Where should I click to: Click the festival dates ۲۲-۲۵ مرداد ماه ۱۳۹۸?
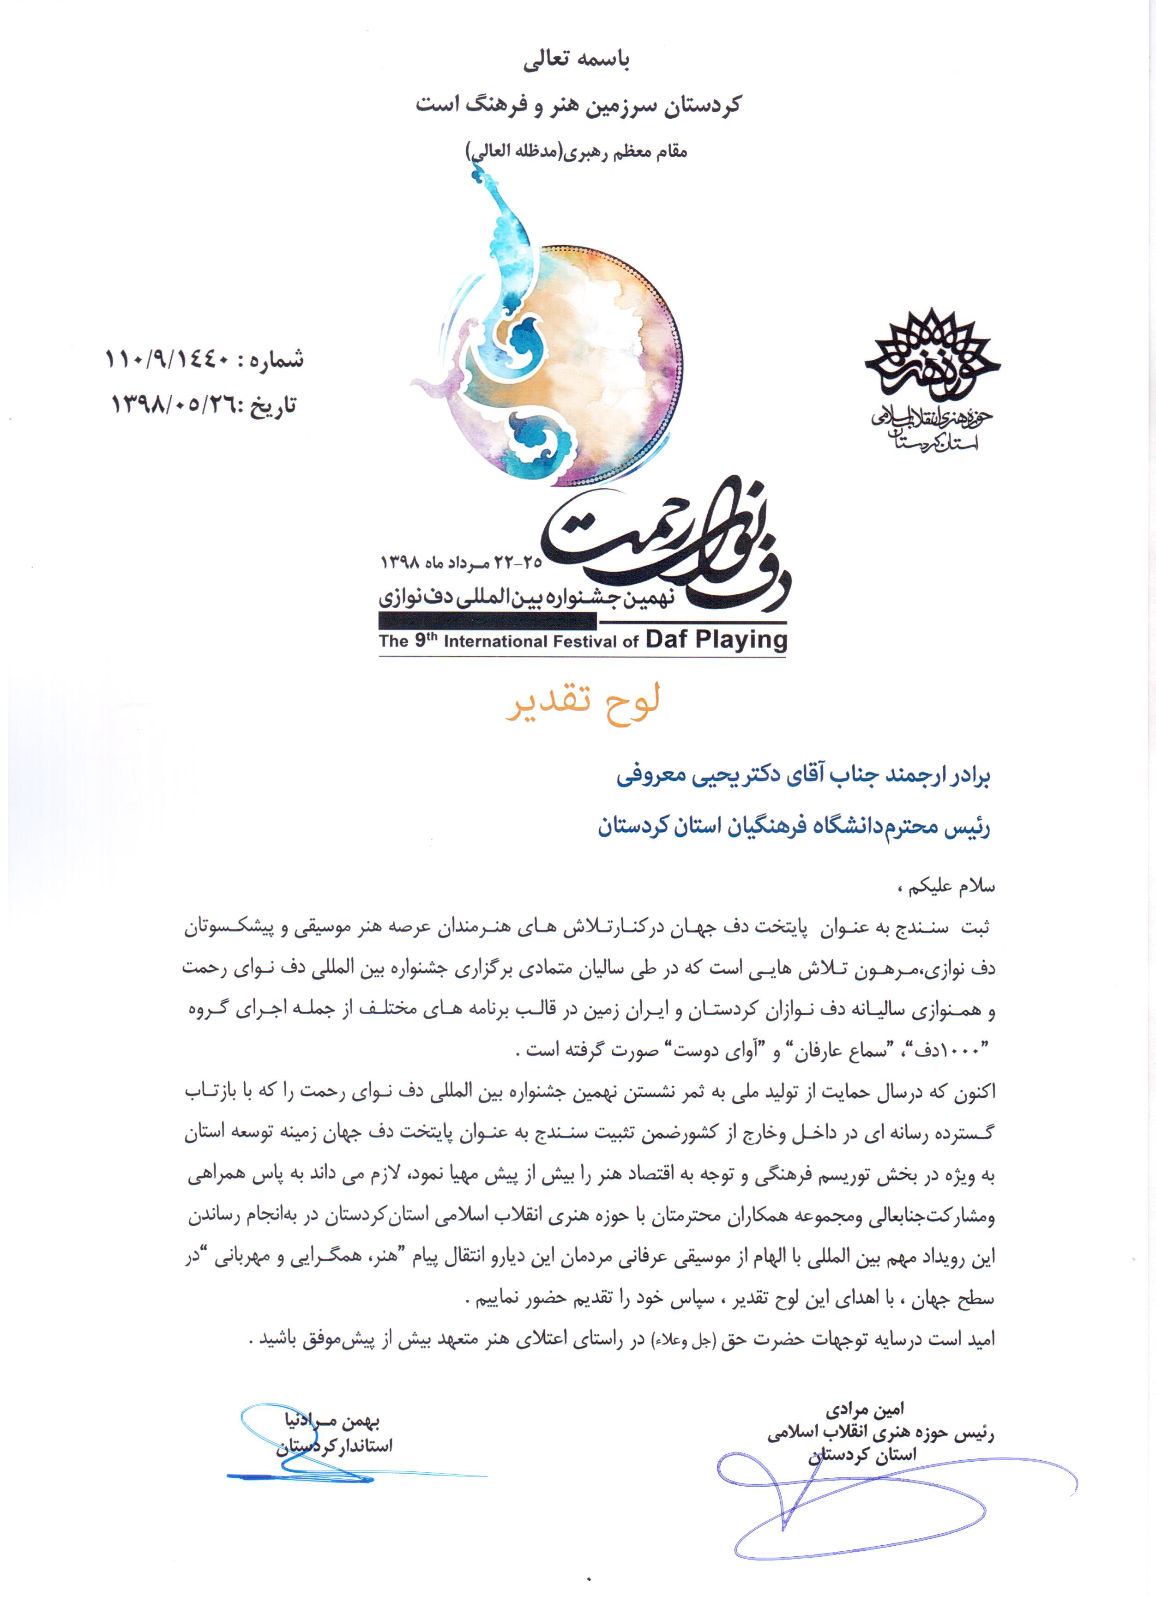pos(461,563)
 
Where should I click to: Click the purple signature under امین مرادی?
pos(876,1502)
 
